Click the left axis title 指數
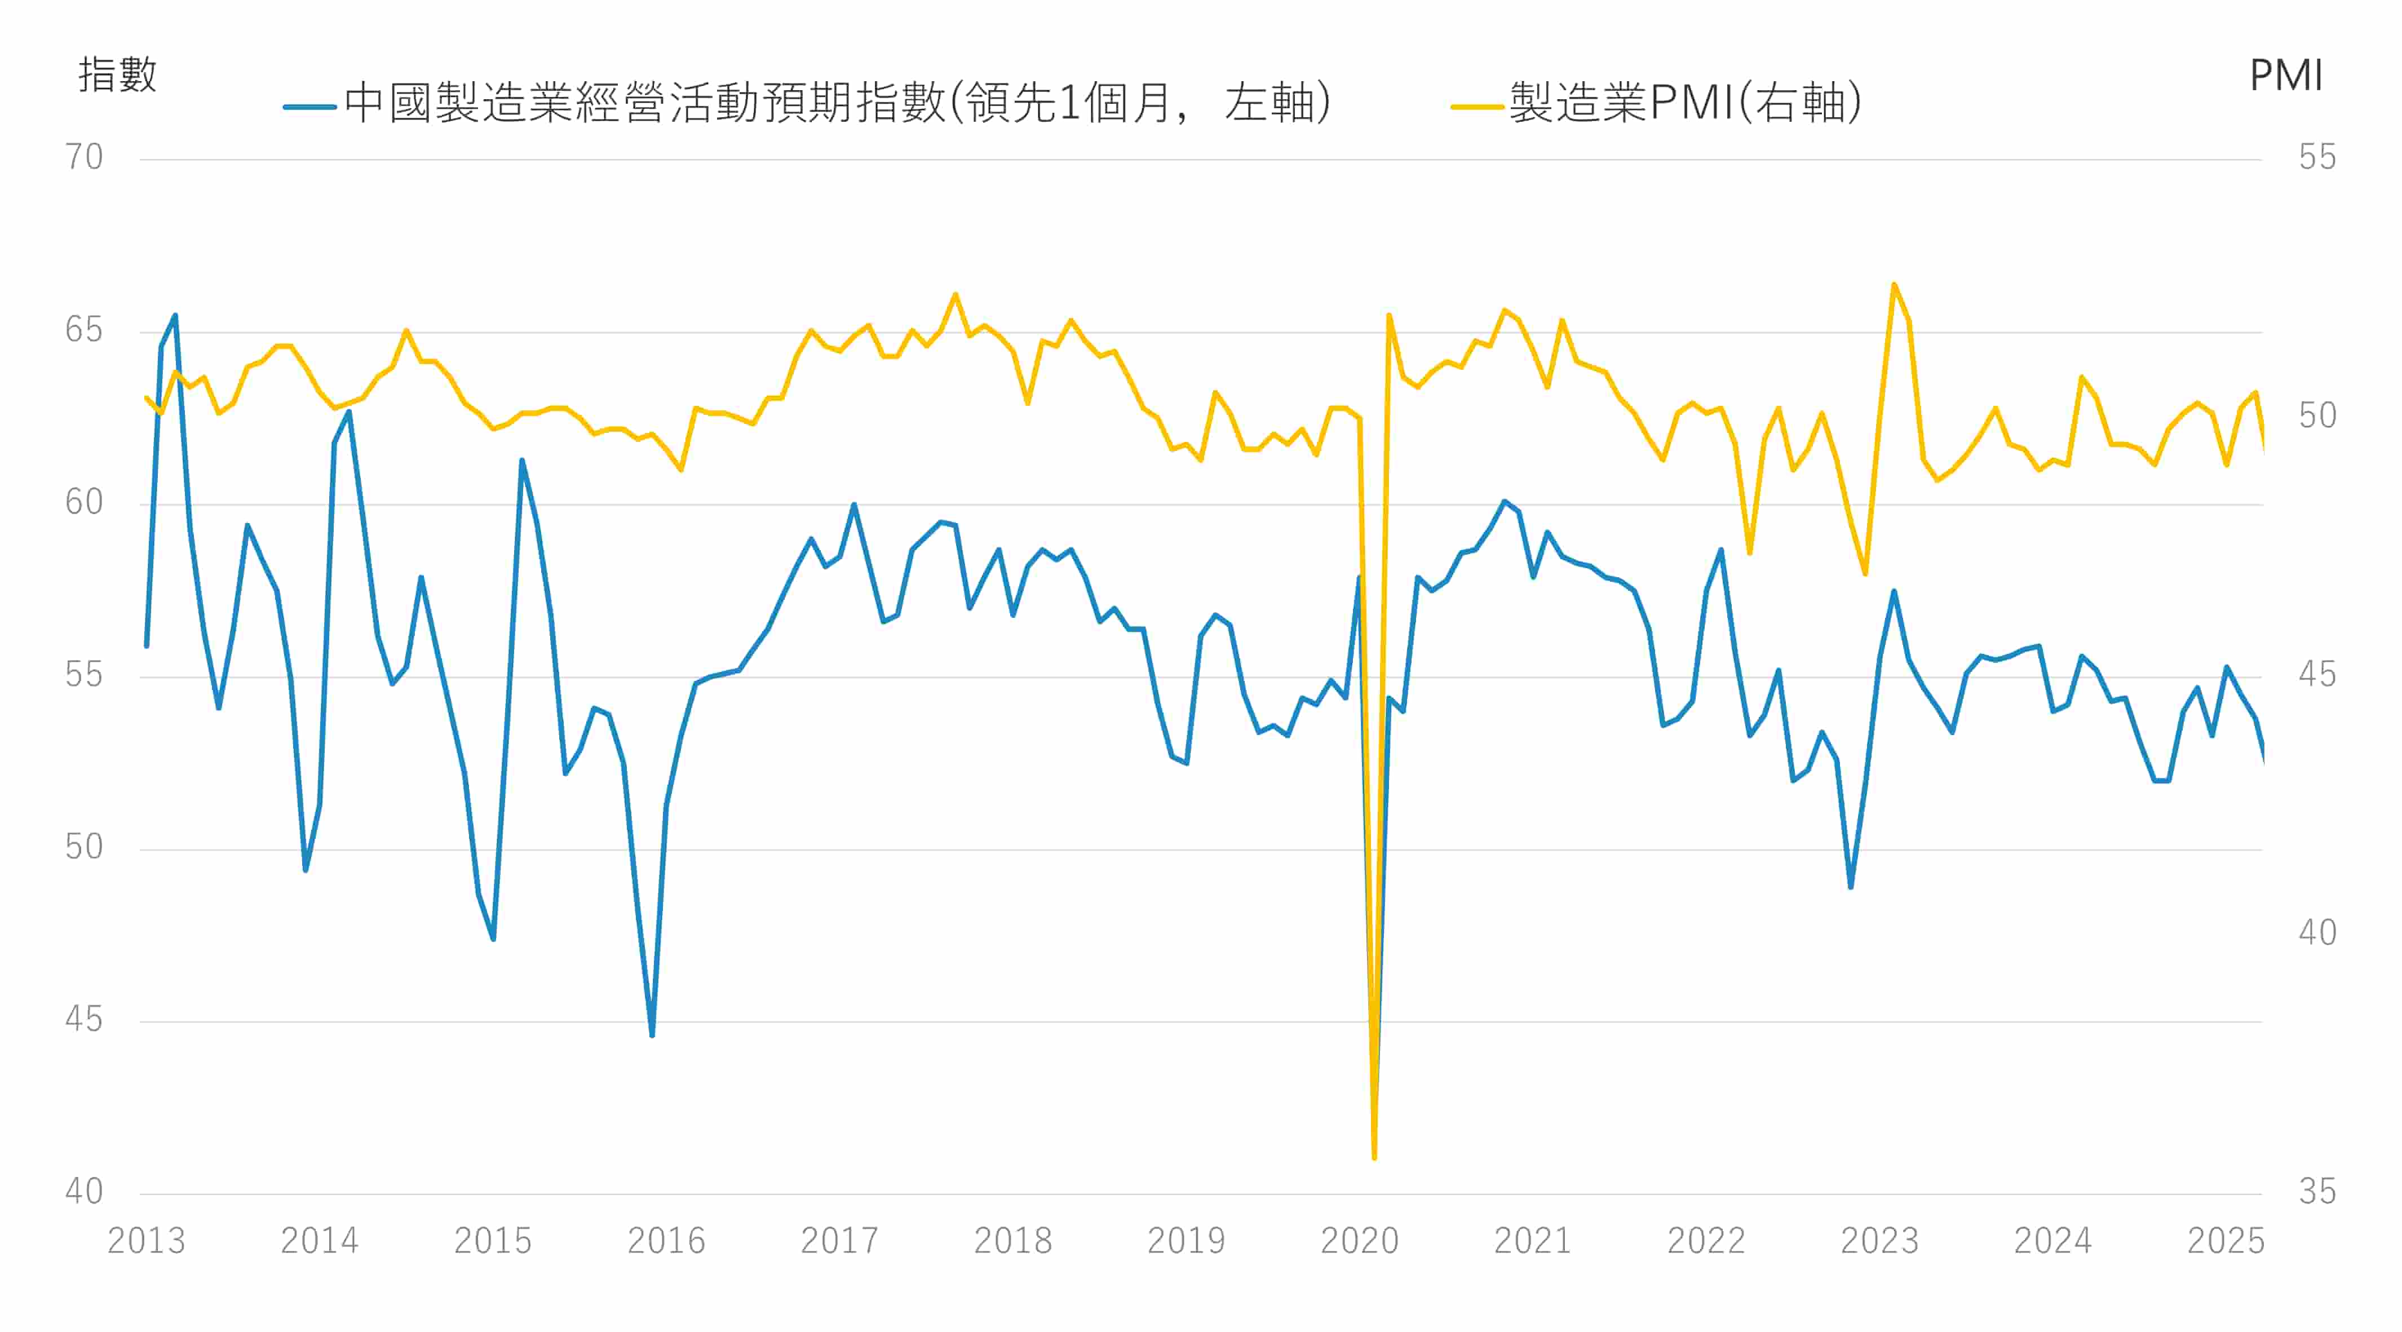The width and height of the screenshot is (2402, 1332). point(117,74)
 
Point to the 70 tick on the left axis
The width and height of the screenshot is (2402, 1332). point(84,157)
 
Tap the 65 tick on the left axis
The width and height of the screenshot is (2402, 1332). point(84,330)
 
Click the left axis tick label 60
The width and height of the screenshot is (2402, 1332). point(84,502)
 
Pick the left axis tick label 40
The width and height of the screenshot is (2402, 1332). point(84,1191)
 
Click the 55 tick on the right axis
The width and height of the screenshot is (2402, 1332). point(2317,157)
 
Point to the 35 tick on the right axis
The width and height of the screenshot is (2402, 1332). point(2317,1191)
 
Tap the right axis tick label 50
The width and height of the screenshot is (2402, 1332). point(2317,416)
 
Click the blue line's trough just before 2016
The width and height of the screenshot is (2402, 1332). point(652,1035)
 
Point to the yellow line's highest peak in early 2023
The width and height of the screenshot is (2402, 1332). point(1894,284)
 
